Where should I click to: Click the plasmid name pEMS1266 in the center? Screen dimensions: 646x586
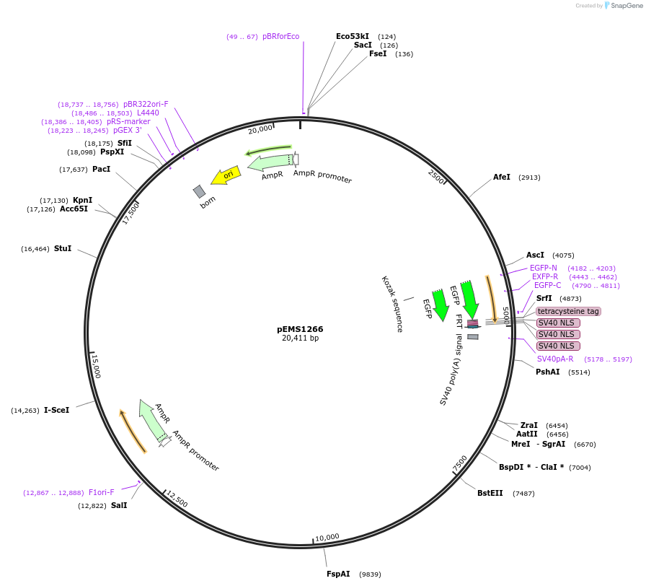300,328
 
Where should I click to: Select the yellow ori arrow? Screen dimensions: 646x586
225,175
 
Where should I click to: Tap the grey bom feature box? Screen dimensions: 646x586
199,191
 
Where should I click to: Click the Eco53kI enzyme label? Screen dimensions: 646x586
353,36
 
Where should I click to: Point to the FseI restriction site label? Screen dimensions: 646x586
378,53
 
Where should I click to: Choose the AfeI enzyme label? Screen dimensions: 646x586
502,177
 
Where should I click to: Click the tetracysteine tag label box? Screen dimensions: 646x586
568,311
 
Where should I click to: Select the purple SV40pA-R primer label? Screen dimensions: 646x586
555,359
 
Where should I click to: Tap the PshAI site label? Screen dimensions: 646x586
547,372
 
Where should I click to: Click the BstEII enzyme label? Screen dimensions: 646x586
490,493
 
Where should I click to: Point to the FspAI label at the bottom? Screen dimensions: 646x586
338,574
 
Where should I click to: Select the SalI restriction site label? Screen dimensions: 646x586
119,505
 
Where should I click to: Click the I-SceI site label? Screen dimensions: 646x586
57,410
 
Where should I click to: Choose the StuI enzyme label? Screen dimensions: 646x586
63,248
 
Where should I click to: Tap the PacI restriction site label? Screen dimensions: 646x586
102,169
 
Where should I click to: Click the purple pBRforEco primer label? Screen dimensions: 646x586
280,36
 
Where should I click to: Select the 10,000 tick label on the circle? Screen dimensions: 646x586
327,537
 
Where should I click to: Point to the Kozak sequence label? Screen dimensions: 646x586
391,304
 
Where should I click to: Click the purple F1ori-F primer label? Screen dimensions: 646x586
102,492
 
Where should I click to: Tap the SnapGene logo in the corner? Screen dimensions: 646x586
624,6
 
